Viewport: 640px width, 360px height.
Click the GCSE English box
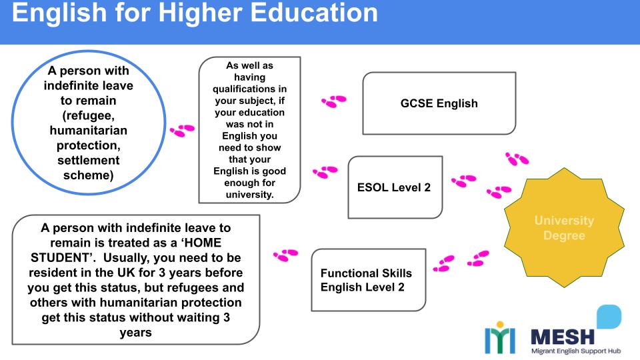tap(439, 103)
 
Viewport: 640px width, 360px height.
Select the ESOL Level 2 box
tap(395, 187)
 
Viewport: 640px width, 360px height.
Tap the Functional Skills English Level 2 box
tap(368, 280)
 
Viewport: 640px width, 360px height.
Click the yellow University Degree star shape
tap(564, 227)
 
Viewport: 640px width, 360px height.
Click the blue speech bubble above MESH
tap(608, 317)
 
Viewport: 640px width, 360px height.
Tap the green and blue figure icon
tap(499, 339)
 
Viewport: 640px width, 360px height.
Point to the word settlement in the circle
tap(88, 161)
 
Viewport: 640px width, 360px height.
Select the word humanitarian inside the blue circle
tap(88, 130)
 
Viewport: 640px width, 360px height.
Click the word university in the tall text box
tap(250, 194)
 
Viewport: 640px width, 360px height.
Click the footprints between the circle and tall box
tap(182, 131)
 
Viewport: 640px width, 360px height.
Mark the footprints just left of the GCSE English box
tap(333, 101)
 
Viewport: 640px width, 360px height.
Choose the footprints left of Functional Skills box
tap(285, 255)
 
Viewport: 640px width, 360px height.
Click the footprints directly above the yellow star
tap(517, 159)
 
